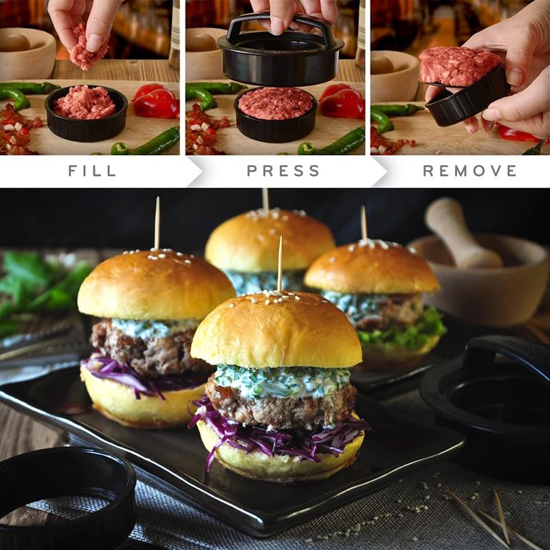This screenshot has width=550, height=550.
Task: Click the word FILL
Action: [x=92, y=170]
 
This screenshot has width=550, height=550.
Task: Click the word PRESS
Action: [x=283, y=170]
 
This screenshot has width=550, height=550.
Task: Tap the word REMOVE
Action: [x=470, y=170]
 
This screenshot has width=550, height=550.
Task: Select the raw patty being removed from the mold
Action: [x=459, y=67]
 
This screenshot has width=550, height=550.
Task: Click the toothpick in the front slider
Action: [x=280, y=264]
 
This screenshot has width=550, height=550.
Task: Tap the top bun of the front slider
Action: [x=276, y=330]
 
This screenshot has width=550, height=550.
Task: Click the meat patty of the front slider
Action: [x=280, y=404]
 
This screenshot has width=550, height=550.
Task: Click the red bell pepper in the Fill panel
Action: [x=157, y=102]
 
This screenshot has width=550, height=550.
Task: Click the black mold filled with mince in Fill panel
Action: [x=87, y=113]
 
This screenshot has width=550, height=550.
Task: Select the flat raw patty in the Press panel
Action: [x=276, y=104]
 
